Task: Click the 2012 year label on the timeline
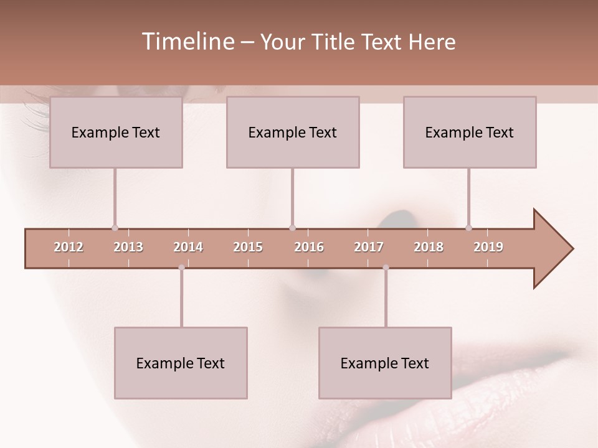tap(69, 247)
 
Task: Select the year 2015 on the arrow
tap(248, 247)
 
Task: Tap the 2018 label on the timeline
tap(429, 247)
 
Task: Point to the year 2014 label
tap(188, 247)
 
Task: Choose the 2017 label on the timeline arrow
tap(369, 247)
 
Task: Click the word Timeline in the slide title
tap(187, 42)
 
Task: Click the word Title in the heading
tap(335, 42)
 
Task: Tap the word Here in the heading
tap(432, 42)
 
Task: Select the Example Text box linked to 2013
tap(116, 132)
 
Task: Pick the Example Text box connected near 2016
tap(293, 132)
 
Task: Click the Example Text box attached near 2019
tap(470, 132)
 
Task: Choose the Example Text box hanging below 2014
tap(181, 363)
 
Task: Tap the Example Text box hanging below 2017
tap(385, 363)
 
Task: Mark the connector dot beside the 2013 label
tap(115, 228)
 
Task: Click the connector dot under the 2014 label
tap(181, 268)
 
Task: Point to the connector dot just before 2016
tap(292, 228)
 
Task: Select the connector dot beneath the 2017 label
tap(386, 268)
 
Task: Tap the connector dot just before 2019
tap(468, 228)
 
